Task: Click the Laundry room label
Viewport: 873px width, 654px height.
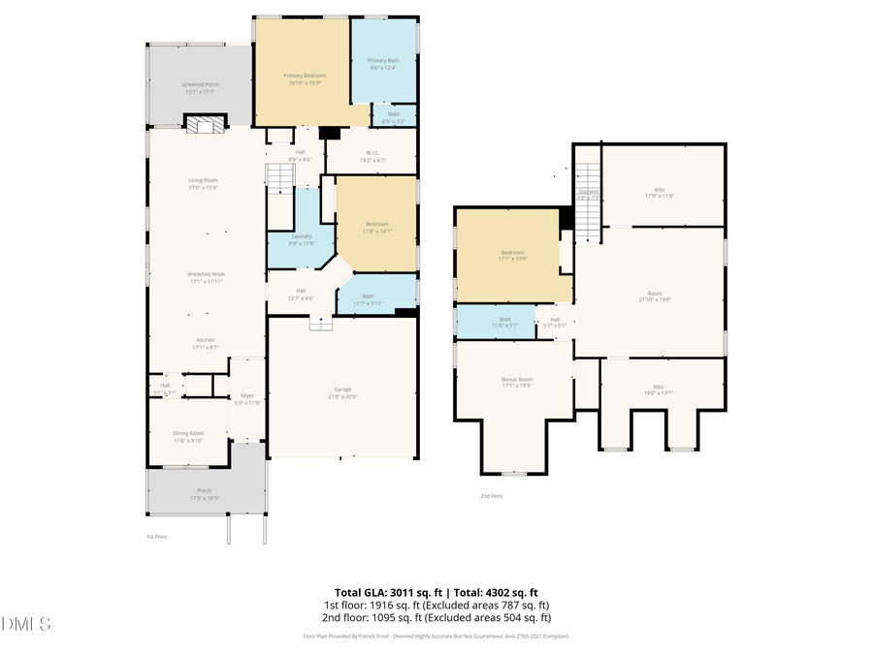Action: tap(301, 240)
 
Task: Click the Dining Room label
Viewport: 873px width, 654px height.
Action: tap(188, 436)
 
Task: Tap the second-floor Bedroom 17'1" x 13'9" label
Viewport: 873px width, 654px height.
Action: tap(513, 256)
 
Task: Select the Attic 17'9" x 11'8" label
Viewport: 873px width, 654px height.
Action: tap(659, 192)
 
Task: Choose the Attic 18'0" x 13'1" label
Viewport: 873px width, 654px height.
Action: tap(659, 389)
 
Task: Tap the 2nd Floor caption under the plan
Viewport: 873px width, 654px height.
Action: tap(492, 495)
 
